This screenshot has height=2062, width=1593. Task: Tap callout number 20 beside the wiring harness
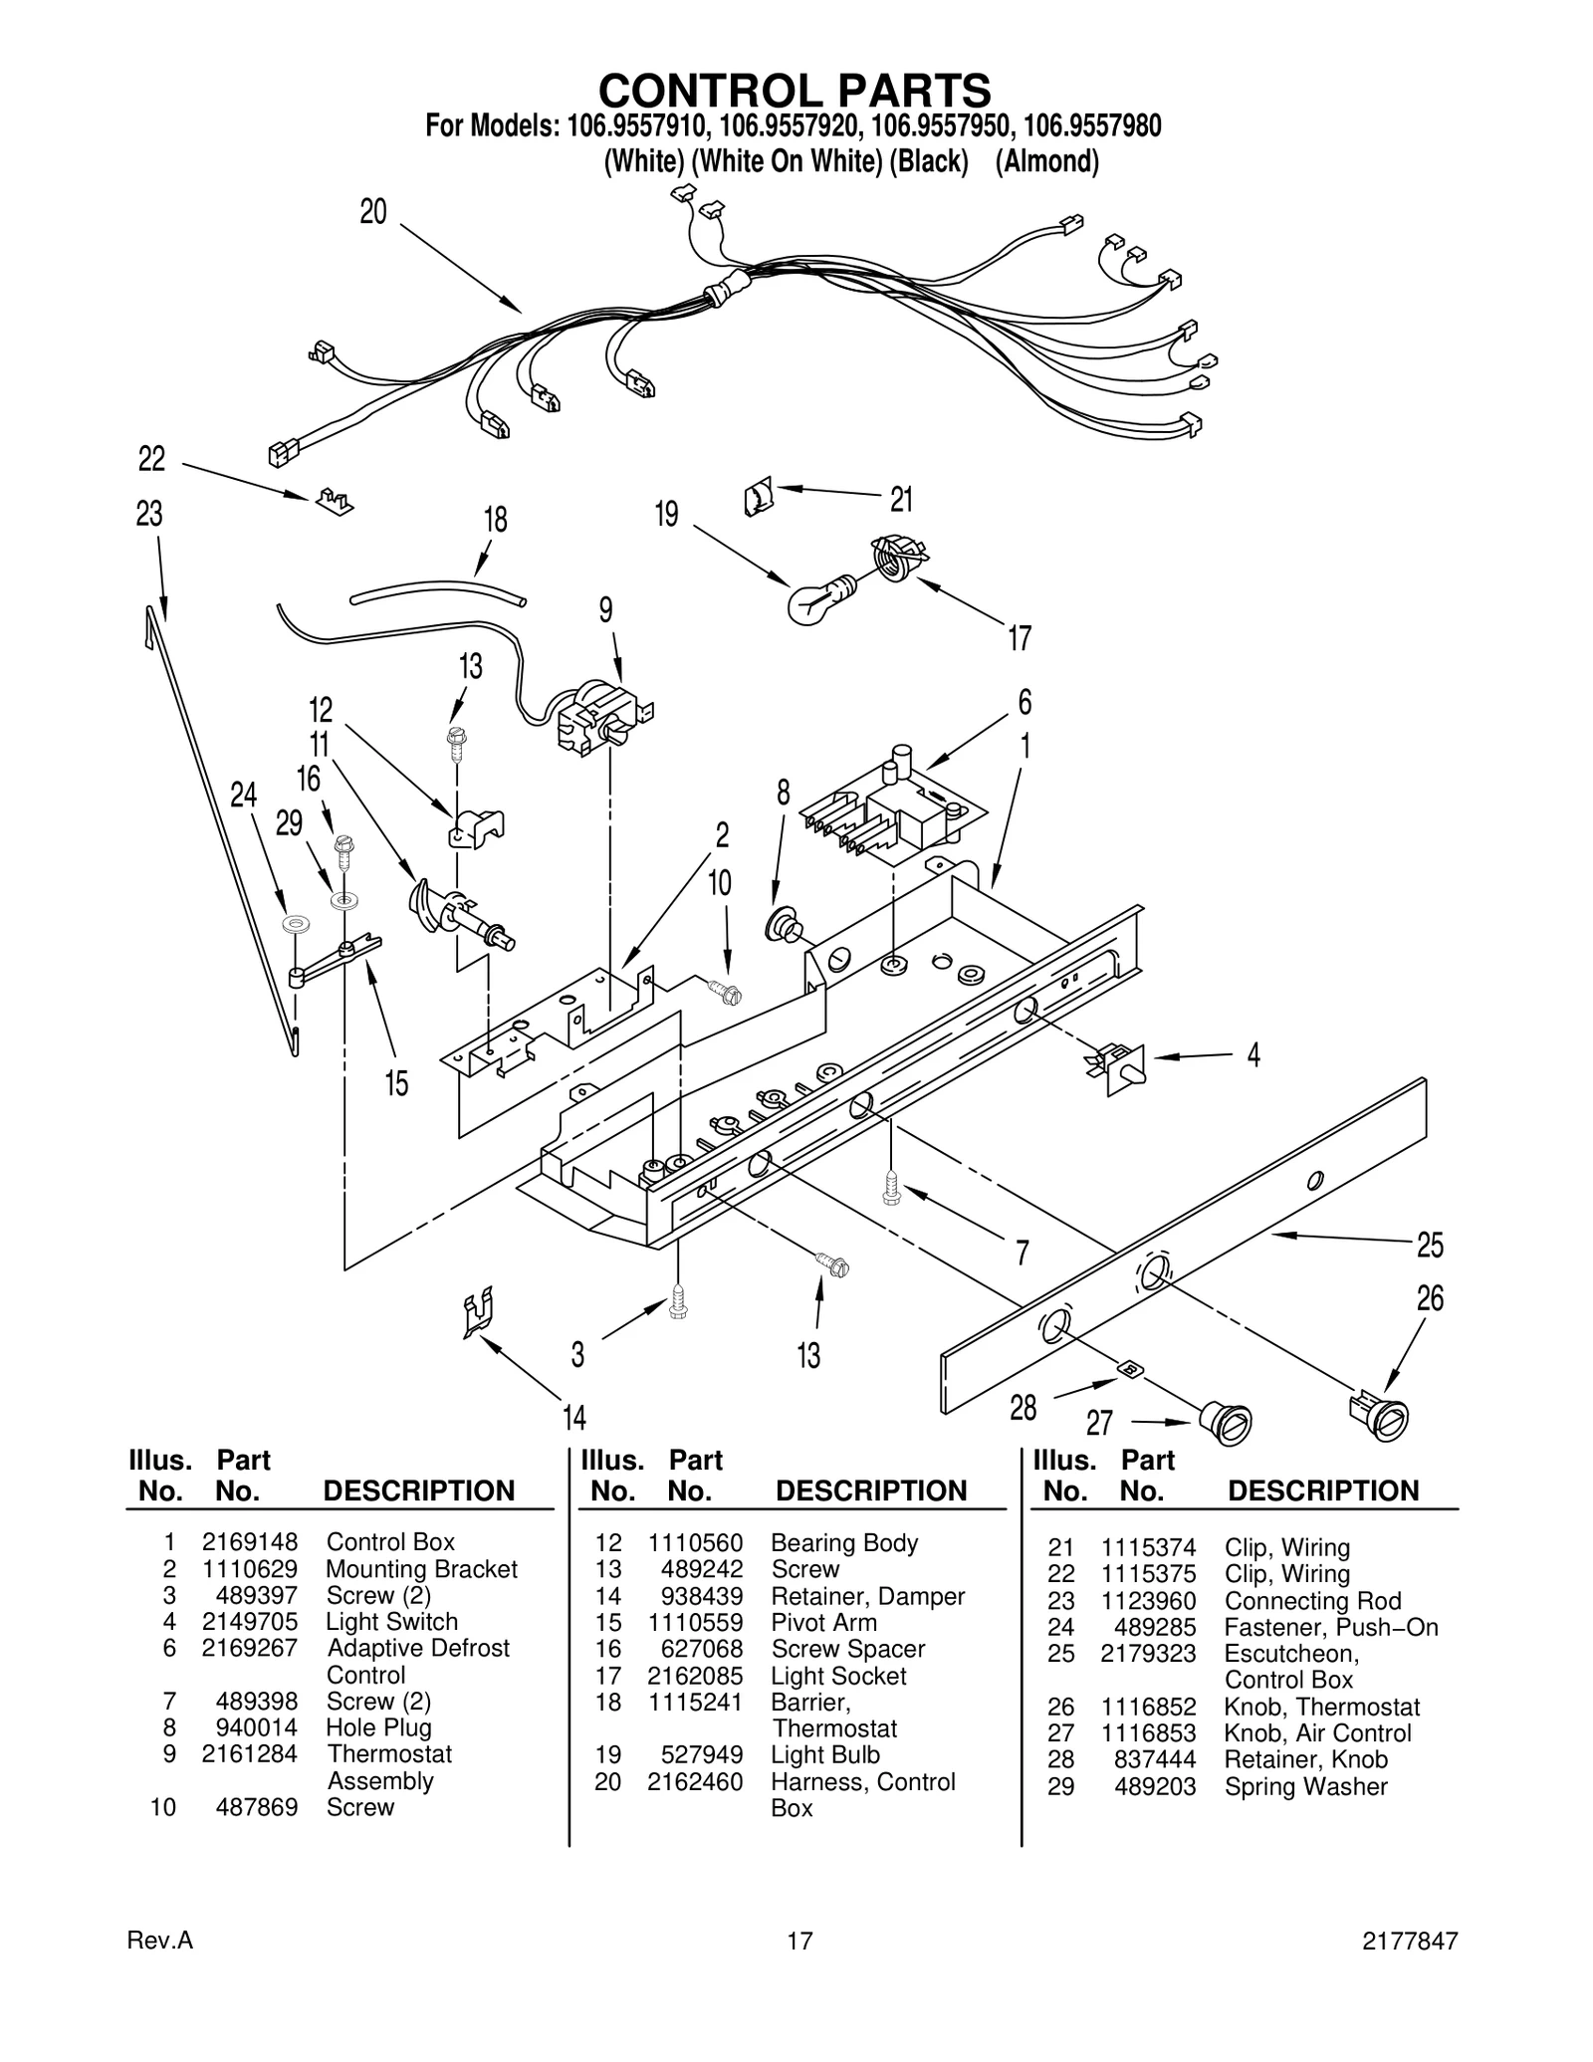tap(373, 212)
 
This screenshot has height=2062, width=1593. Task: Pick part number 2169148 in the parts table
tap(249, 1542)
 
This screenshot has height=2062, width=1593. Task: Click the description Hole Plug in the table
tap(378, 1727)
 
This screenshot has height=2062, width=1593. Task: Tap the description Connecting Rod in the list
tap(1312, 1601)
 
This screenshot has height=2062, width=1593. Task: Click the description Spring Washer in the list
tap(1305, 1786)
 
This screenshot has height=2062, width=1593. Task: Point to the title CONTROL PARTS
tap(795, 91)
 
